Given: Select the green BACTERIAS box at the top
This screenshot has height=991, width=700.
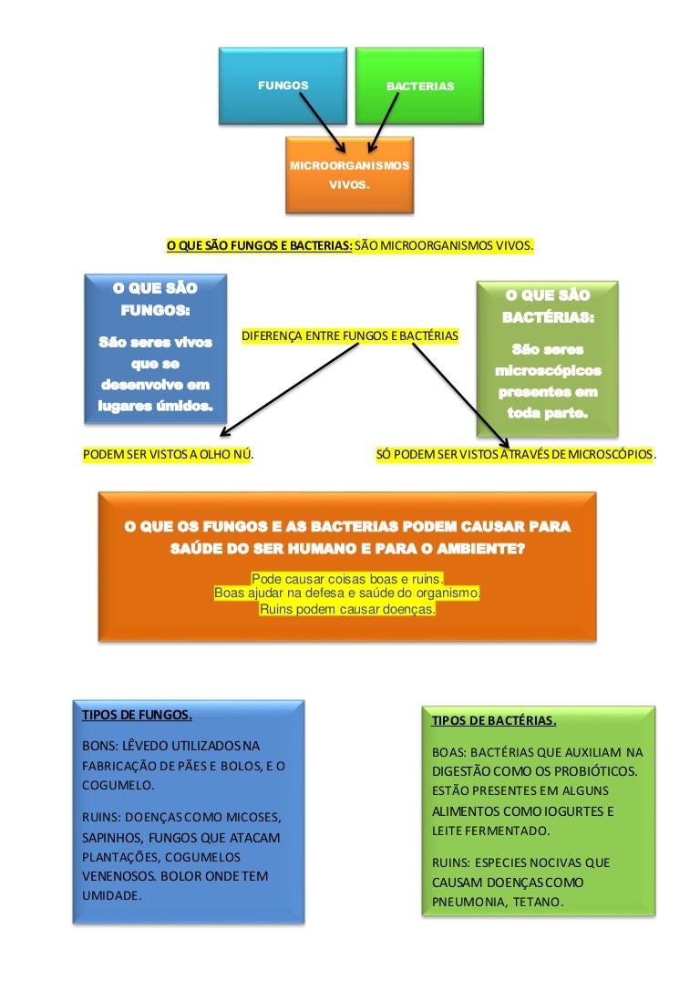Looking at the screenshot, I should click(x=419, y=86).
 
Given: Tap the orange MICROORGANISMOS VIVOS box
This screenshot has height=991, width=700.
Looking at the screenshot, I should click(x=349, y=175).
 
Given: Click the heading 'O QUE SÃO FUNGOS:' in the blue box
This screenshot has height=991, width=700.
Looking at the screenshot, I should click(x=155, y=298).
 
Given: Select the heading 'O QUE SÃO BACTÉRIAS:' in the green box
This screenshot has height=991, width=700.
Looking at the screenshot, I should click(x=548, y=306).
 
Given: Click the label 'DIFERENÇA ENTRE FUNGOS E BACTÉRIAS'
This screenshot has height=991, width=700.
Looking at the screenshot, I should click(x=350, y=336).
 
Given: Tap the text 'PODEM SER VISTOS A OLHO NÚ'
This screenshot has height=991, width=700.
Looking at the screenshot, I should click(x=168, y=453).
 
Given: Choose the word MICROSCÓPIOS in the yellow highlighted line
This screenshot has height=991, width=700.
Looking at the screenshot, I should click(x=611, y=453).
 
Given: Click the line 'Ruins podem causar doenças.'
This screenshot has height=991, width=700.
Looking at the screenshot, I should click(x=347, y=609).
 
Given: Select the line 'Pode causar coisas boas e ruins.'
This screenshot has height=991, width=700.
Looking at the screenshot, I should click(x=347, y=579).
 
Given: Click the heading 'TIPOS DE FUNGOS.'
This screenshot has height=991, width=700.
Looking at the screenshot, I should click(x=137, y=714).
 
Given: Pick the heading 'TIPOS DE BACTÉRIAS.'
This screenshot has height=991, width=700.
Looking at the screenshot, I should click(x=493, y=720).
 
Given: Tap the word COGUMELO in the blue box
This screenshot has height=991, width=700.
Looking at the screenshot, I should click(x=117, y=784).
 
